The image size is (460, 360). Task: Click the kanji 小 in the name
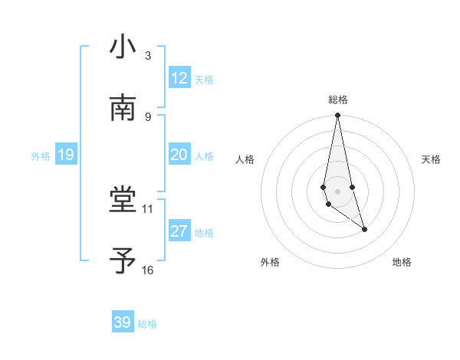(x=123, y=47)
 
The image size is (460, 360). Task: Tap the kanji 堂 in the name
(x=123, y=201)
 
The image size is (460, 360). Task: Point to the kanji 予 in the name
(x=123, y=261)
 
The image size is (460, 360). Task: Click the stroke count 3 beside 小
(x=148, y=56)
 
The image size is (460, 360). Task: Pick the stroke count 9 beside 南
(x=148, y=116)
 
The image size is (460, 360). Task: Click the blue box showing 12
(x=179, y=78)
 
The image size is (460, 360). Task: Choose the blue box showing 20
(x=179, y=155)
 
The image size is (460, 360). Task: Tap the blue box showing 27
(x=179, y=231)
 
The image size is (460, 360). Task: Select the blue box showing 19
(x=65, y=155)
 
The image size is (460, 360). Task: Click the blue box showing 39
(x=123, y=322)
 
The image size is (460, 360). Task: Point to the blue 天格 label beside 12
(x=204, y=79)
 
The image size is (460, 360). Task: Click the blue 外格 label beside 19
(x=41, y=155)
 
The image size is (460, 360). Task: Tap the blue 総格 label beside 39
(x=147, y=324)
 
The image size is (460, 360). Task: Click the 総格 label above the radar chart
(x=338, y=100)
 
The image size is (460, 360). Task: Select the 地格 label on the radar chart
(x=402, y=262)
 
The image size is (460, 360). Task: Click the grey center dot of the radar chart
(x=338, y=191)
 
